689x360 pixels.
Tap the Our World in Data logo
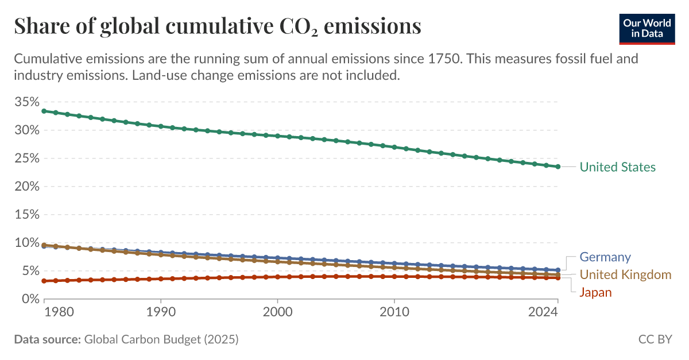click(647, 27)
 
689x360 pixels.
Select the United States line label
click(617, 167)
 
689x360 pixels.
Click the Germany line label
click(605, 257)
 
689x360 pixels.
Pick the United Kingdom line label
click(625, 274)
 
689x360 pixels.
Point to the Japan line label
click(595, 292)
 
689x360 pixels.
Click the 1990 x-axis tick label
click(161, 312)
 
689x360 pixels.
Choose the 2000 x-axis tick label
click(277, 312)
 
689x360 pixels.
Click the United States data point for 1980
click(44, 111)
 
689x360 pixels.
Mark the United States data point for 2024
click(558, 167)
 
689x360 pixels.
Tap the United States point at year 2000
click(277, 136)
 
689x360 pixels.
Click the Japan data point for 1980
click(44, 281)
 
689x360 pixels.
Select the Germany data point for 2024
click(558, 270)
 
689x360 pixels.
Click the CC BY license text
click(655, 339)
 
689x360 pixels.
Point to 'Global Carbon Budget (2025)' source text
click(161, 339)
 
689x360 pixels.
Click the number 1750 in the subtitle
click(442, 59)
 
